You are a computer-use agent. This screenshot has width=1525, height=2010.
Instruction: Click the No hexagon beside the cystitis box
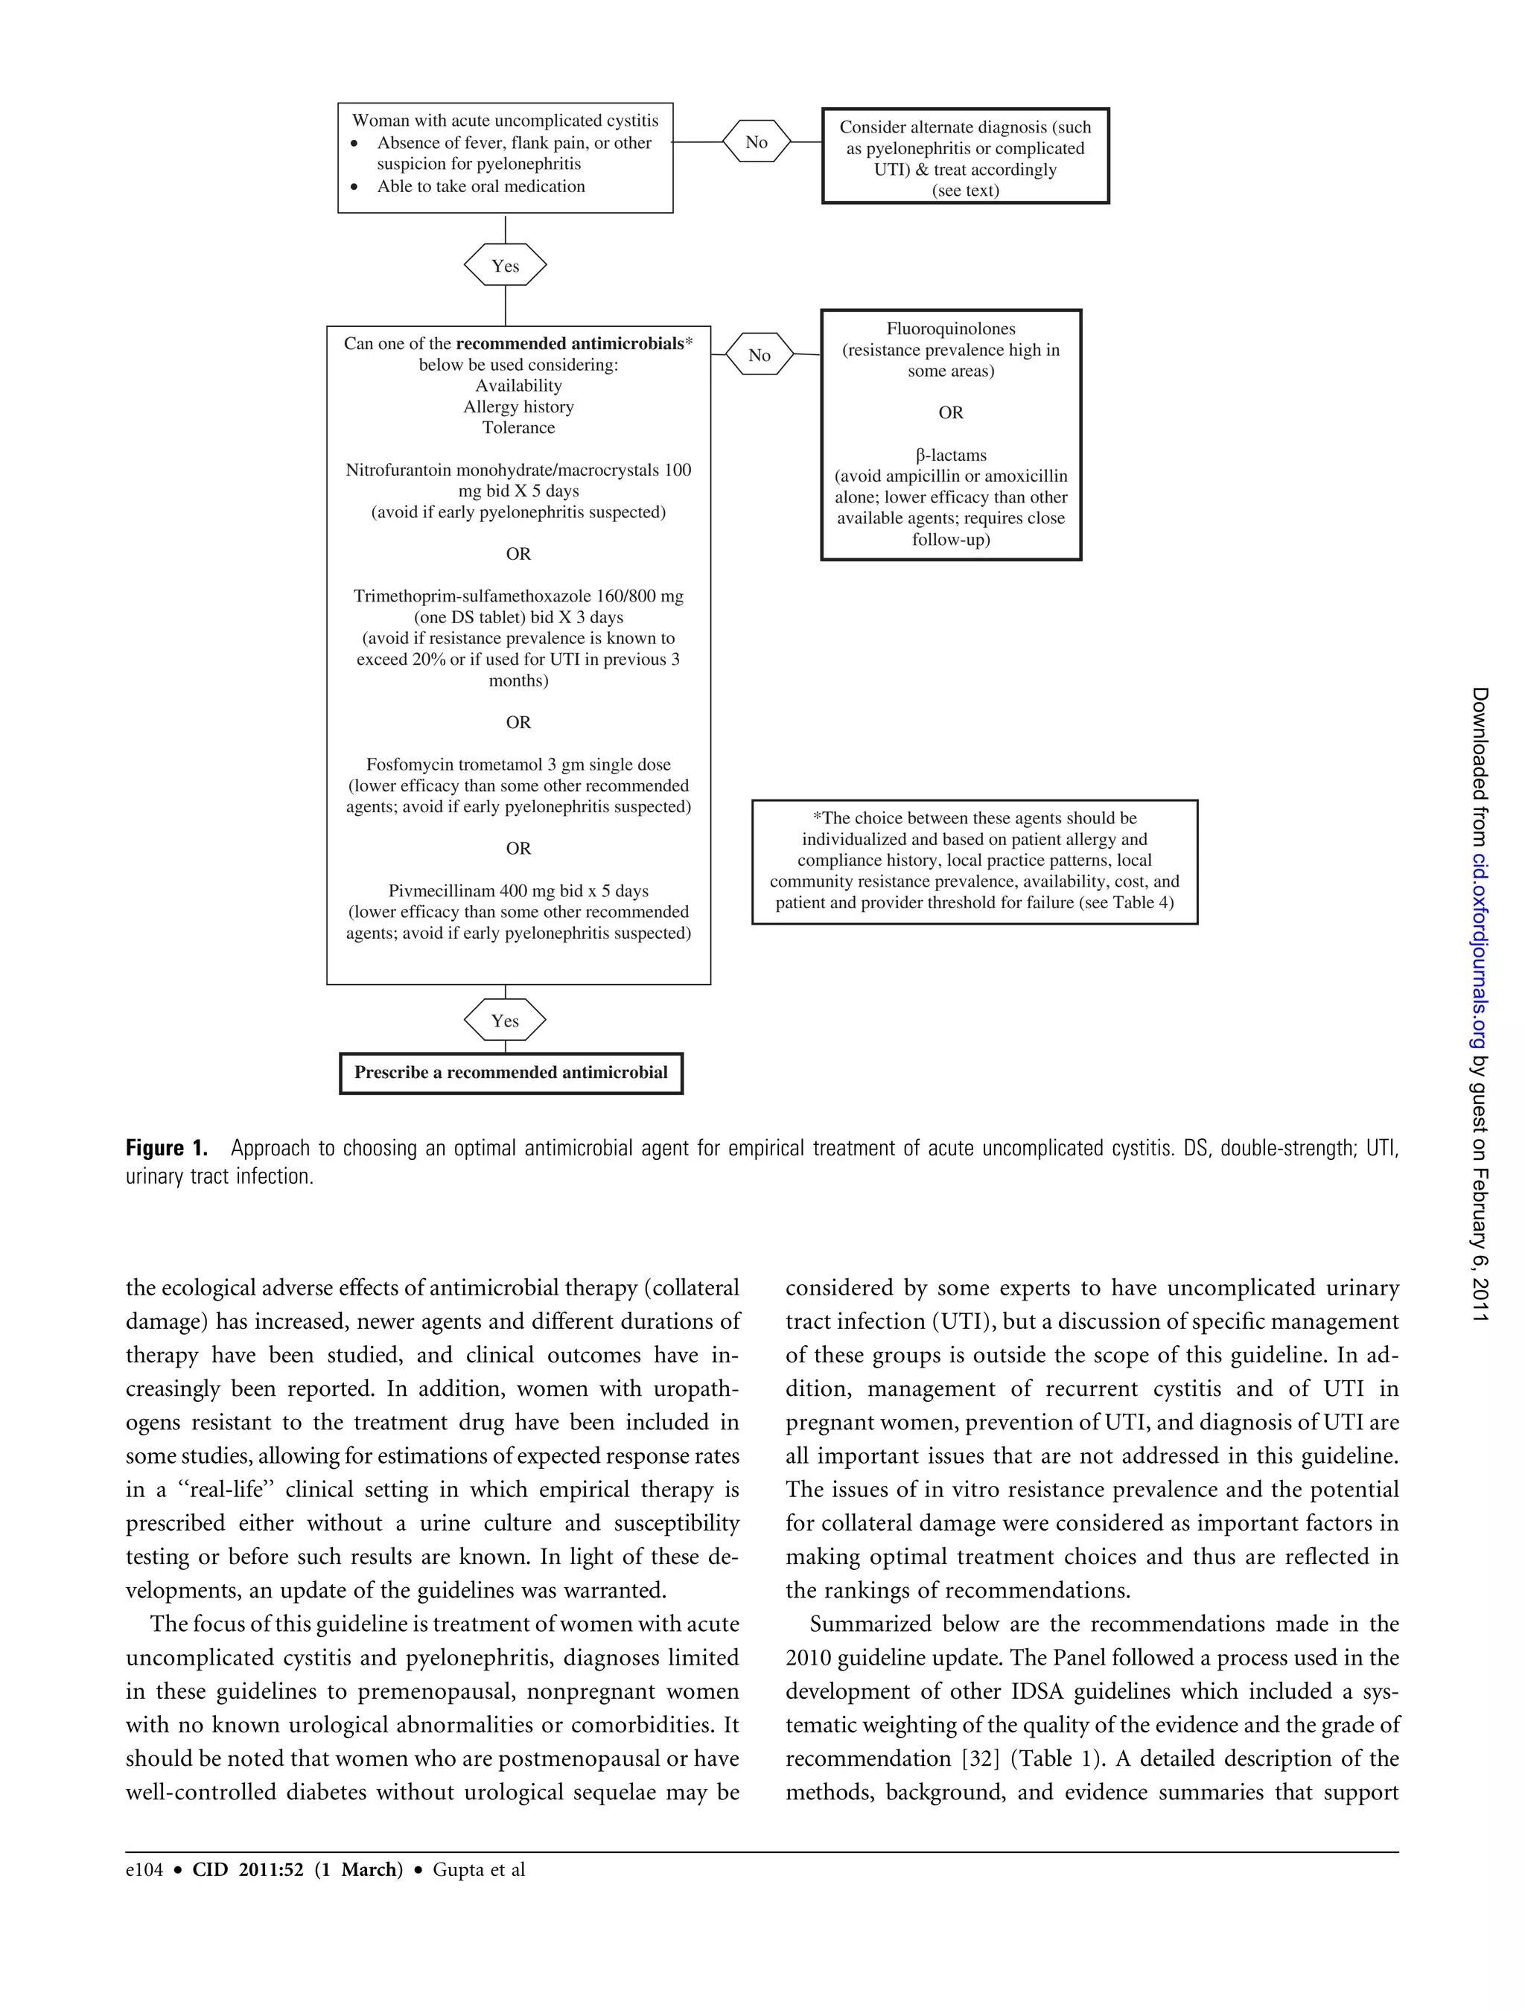(x=756, y=141)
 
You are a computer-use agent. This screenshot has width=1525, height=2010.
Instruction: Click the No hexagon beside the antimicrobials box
(x=759, y=355)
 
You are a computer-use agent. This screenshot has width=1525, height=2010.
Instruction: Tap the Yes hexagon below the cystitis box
(x=506, y=265)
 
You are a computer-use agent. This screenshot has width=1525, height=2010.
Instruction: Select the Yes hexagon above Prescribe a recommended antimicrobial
(x=506, y=1021)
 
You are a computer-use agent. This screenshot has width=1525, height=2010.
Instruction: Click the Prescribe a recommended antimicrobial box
(x=511, y=1072)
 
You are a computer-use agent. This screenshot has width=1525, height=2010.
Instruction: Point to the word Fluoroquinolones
(x=951, y=329)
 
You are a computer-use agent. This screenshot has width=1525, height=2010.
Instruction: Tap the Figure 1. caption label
(x=166, y=1149)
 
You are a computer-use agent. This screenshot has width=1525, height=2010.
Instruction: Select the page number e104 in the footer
(x=144, y=1869)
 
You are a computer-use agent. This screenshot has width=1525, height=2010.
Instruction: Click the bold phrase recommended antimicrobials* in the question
(x=573, y=343)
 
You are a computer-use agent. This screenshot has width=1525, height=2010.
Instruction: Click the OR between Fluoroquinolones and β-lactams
(x=951, y=412)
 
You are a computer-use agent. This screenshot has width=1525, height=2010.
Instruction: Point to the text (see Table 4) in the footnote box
(x=1126, y=902)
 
